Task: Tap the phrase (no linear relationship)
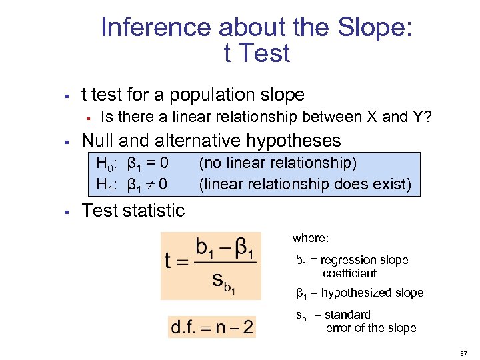(x=278, y=163)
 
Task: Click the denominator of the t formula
(x=224, y=282)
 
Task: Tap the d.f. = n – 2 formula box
(x=211, y=327)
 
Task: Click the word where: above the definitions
(x=311, y=238)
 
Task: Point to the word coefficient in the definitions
(x=349, y=273)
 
